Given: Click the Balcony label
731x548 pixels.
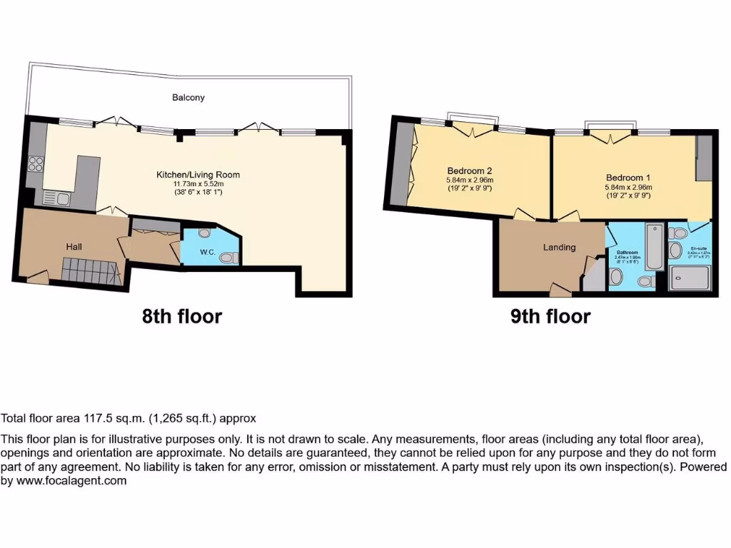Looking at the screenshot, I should [x=188, y=97].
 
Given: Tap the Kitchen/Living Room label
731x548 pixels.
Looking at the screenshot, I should [x=198, y=174].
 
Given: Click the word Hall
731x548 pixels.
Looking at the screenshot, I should [x=74, y=246].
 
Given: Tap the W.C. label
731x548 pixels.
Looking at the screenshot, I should [x=208, y=252].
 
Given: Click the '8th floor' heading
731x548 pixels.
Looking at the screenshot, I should [x=182, y=316].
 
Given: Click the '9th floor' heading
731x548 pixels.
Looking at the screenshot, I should [x=550, y=316].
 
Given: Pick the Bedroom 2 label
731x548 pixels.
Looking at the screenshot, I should [x=470, y=171].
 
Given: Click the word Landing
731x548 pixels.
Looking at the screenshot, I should [x=559, y=248].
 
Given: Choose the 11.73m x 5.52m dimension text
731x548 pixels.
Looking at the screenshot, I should [x=198, y=183].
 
